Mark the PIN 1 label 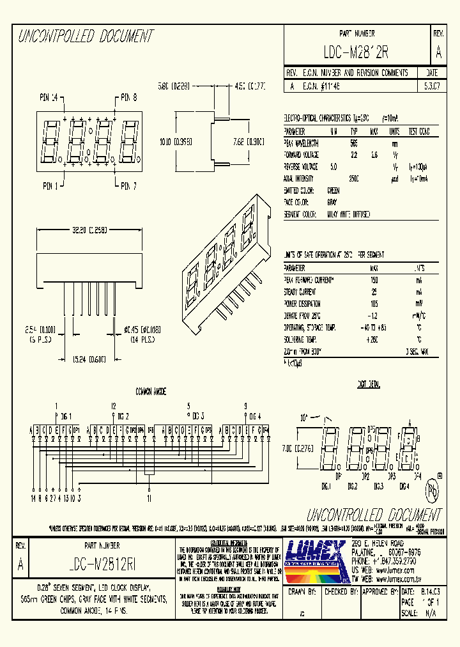(x=50, y=186)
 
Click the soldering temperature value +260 (x=374, y=339)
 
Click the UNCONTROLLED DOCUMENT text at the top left (x=86, y=36)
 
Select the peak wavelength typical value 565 (x=353, y=144)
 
